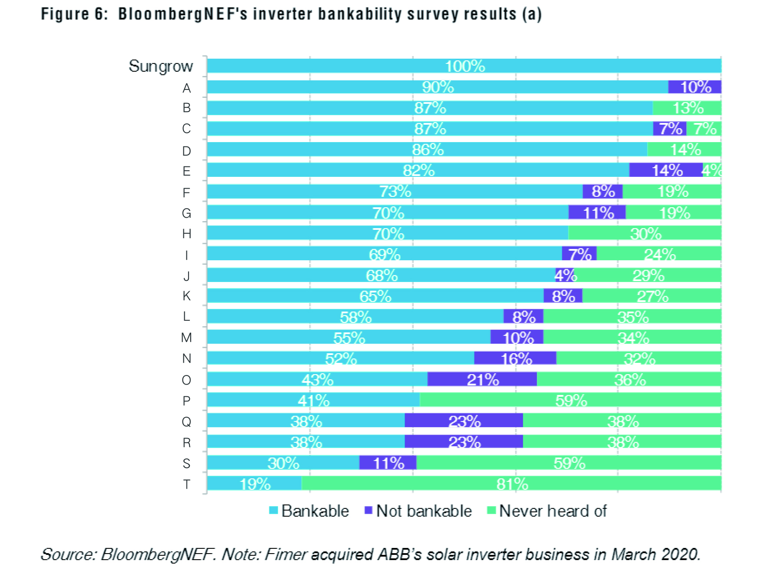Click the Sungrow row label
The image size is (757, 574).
pos(160,66)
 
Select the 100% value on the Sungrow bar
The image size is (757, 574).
pos(465,66)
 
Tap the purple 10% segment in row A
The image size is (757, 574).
pos(694,87)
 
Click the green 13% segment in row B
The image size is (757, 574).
pos(687,108)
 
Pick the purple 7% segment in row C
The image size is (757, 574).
pos(670,129)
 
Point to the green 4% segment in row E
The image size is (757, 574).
pos(712,170)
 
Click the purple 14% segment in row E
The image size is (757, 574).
pos(666,170)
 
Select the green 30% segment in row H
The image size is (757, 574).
pos(645,233)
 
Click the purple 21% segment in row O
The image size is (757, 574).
pos(482,379)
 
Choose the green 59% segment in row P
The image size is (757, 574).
pos(570,400)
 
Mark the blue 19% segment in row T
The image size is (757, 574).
pos(254,484)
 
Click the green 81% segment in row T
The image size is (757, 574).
pos(511,484)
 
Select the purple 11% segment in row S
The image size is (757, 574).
pos(388,463)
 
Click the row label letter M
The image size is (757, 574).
pos(186,338)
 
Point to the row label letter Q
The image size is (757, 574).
pos(186,421)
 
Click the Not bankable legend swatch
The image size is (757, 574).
pos(369,511)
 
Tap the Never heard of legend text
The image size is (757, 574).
pos(552,511)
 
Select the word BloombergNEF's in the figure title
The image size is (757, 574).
pos(183,14)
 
